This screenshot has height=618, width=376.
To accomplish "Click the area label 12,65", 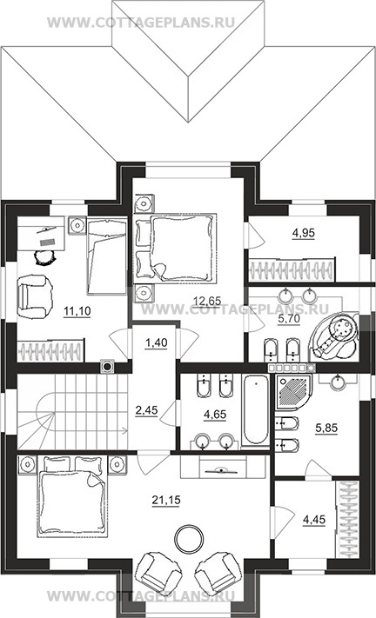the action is [207, 301].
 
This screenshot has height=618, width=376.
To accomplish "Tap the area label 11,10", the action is [77, 311].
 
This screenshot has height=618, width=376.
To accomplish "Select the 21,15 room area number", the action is [166, 500].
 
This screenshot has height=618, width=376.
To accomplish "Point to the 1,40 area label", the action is [157, 342].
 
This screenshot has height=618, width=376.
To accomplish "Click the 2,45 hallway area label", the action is [146, 410].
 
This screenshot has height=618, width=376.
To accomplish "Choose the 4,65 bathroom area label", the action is [215, 415].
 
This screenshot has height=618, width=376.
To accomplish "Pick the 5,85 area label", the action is [326, 428].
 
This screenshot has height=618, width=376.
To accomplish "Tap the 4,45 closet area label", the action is [314, 520].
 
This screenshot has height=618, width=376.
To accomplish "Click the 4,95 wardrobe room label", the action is [304, 233].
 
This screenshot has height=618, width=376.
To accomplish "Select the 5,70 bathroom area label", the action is [289, 318].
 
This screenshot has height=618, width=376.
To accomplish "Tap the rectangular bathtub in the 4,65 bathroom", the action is [256, 410].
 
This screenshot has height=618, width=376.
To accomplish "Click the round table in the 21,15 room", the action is [190, 539].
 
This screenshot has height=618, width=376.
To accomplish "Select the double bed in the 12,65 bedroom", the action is [177, 248].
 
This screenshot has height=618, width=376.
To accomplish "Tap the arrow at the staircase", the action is [90, 430].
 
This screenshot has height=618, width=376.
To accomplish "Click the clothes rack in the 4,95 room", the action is [292, 269].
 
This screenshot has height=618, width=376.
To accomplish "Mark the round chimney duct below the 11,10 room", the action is [107, 367].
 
